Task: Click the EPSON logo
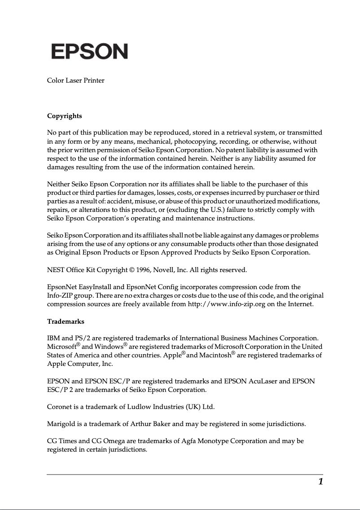(89, 52)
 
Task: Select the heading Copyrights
(65, 116)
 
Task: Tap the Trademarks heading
(66, 321)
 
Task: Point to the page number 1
(320, 482)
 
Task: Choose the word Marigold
(61, 423)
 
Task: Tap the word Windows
(108, 347)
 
